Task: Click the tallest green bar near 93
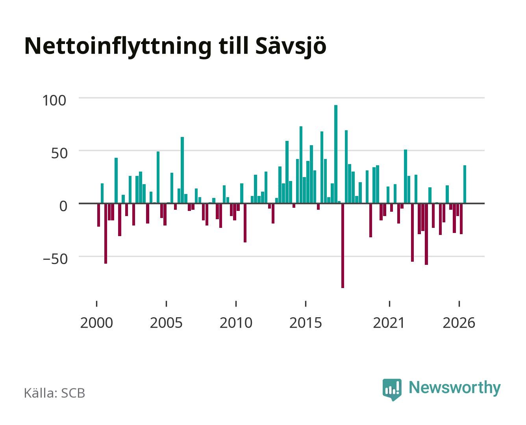point(335,154)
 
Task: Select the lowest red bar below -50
point(343,246)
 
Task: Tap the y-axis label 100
point(54,101)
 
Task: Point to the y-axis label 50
point(59,153)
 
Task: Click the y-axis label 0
point(63,206)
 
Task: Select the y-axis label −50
point(55,259)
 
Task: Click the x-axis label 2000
point(96,323)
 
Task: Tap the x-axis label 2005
point(166,323)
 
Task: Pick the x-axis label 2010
point(236,323)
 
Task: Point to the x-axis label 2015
point(306,323)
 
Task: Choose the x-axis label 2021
point(389,323)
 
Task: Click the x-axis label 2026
point(459,323)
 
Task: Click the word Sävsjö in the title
point(291,46)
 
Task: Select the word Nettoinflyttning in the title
point(118,47)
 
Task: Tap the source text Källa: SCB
point(55,393)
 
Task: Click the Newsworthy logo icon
point(392,390)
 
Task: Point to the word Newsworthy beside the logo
point(455,388)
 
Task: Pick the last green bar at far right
point(465,184)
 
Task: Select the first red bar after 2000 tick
point(98,215)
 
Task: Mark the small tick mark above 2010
point(236,303)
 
